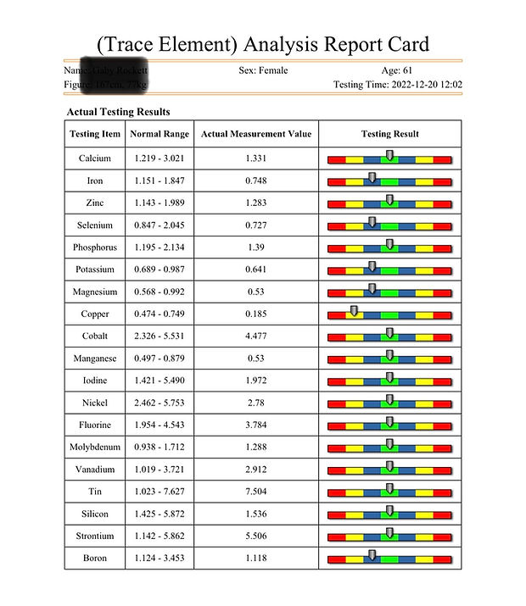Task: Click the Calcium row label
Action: (95, 158)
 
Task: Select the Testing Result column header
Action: (389, 134)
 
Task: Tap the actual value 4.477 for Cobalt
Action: (256, 336)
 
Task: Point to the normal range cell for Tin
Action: (159, 491)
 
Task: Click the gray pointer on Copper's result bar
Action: (354, 311)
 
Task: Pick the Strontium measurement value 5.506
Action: (256, 536)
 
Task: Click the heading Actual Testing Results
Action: (118, 112)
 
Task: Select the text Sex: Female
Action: (263, 70)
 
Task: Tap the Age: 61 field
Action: (397, 70)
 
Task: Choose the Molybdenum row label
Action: (95, 447)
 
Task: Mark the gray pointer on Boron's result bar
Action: (372, 555)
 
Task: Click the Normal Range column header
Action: (159, 134)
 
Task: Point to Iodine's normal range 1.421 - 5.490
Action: (159, 381)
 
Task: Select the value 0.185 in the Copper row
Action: (256, 314)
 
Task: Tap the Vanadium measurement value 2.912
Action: (256, 469)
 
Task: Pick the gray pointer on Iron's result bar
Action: (372, 178)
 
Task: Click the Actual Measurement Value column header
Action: (256, 134)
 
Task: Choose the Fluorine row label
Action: (95, 425)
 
